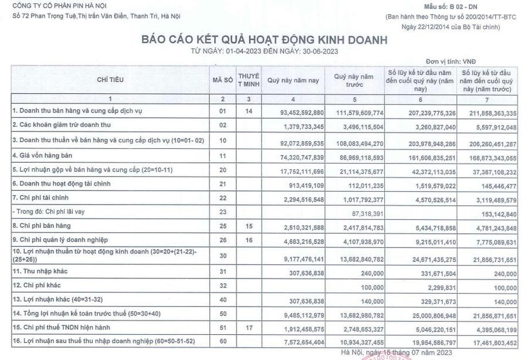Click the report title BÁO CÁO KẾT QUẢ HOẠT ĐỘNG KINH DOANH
[264, 40]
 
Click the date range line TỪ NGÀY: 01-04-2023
[264, 51]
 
